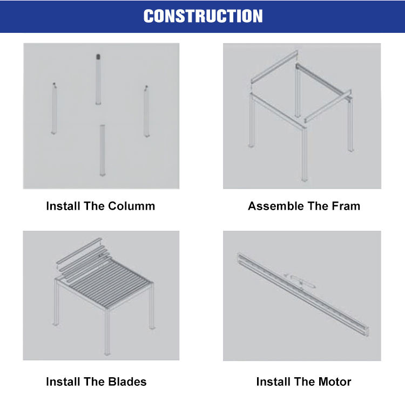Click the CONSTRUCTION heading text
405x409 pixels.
click(203, 16)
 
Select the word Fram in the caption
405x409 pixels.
click(346, 206)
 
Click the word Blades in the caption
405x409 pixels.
click(127, 382)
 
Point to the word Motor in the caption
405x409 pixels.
click(335, 382)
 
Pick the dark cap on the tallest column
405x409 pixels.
click(98, 57)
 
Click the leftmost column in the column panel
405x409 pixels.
click(54, 108)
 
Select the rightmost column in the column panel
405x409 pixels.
click(146, 112)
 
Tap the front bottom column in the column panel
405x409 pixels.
click(103, 150)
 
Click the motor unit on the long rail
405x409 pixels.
click(301, 281)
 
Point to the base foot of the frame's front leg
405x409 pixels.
click(305, 179)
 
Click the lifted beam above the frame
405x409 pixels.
click(274, 66)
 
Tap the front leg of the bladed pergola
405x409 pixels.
click(107, 332)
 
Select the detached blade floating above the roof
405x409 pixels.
click(79, 251)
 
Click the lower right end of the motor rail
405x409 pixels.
click(367, 332)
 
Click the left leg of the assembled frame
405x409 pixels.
click(252, 120)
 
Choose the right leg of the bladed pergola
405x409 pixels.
click(152, 306)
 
